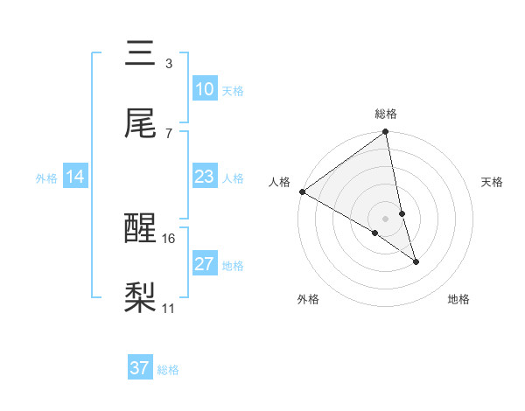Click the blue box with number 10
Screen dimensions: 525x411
click(x=204, y=89)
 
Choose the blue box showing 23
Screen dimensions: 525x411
click(x=204, y=177)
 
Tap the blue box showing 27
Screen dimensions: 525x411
click(x=204, y=264)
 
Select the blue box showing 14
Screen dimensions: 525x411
click(x=75, y=177)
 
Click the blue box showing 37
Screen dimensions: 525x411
click(x=140, y=368)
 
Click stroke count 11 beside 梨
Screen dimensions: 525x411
click(x=169, y=308)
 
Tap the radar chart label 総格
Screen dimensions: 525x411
click(x=386, y=114)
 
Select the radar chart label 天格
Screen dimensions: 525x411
click(x=493, y=182)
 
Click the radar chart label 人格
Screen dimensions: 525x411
click(x=279, y=182)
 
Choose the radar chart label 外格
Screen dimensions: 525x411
click(x=308, y=299)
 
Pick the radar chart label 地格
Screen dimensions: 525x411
click(x=458, y=299)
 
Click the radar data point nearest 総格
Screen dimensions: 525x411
click(x=386, y=133)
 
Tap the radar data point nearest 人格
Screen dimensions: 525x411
click(x=302, y=192)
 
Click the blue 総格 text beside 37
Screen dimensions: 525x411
click(x=168, y=370)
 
